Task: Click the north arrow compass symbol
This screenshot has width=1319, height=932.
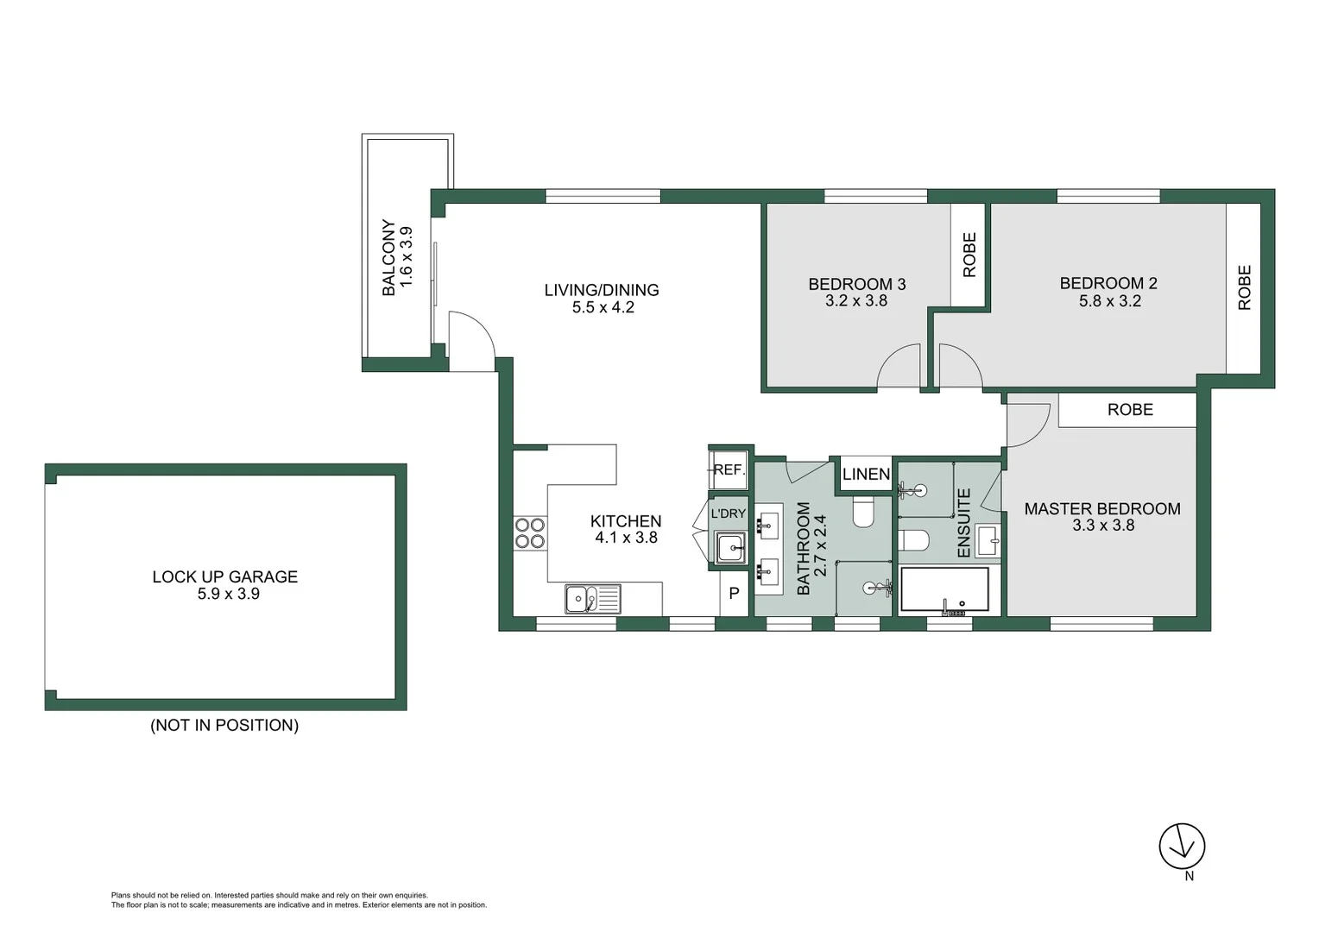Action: tap(1181, 847)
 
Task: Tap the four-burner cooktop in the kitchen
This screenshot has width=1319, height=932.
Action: tap(530, 532)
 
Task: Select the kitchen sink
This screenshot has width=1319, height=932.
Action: tap(592, 598)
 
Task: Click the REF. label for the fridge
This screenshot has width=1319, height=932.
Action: tap(729, 469)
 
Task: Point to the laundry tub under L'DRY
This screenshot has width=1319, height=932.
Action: tap(730, 546)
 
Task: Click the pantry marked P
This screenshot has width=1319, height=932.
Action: tap(734, 594)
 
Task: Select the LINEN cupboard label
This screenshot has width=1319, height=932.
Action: tap(866, 474)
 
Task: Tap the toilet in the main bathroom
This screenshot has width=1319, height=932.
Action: tap(863, 512)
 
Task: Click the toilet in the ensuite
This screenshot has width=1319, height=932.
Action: tap(913, 540)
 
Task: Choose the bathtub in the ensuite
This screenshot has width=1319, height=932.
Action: tap(944, 589)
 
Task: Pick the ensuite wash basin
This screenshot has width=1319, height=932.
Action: tap(988, 542)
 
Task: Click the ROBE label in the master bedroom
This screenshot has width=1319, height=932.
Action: tap(1129, 410)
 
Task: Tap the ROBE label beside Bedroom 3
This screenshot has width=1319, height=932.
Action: tap(969, 255)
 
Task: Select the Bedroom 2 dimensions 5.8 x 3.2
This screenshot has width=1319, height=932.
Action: tap(1109, 301)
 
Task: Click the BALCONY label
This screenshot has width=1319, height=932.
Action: tap(388, 257)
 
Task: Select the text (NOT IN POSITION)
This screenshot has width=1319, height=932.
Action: tap(224, 725)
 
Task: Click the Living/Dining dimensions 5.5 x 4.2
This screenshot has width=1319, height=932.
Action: tap(603, 307)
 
